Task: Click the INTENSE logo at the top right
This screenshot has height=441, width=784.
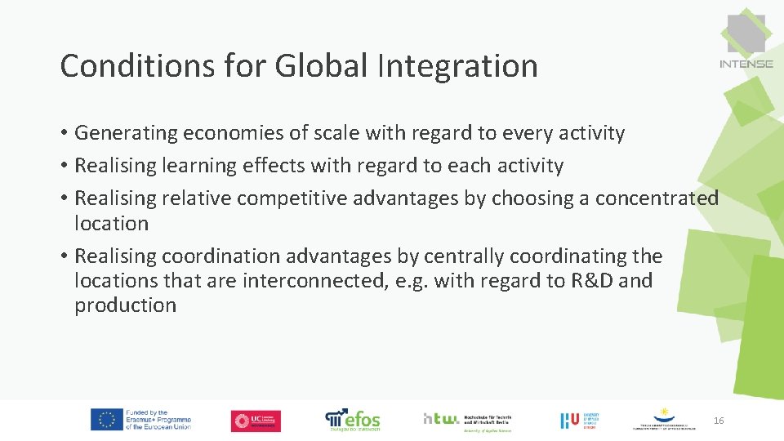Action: (746, 41)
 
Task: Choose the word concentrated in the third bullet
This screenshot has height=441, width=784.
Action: (657, 198)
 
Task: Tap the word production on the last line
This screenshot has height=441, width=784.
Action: (125, 305)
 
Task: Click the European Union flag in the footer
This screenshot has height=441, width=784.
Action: (106, 420)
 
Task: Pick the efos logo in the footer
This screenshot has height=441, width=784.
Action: (353, 419)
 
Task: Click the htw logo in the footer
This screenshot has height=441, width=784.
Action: (441, 418)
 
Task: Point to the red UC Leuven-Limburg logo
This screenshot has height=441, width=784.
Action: (256, 421)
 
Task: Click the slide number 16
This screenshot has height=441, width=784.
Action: (719, 421)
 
